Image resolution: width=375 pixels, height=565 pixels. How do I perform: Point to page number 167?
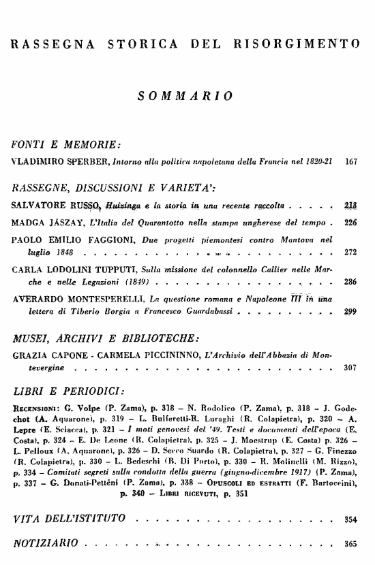pos(352,163)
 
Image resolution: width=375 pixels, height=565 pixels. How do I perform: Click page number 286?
pos(352,280)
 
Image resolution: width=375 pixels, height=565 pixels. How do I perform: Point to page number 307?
pos(352,367)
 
